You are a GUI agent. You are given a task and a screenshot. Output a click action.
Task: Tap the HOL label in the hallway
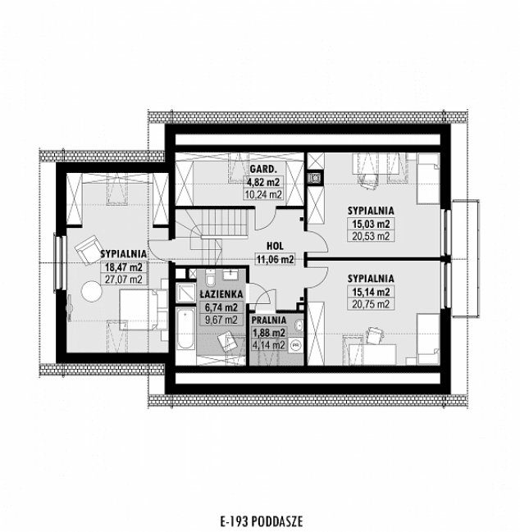coord(275,244)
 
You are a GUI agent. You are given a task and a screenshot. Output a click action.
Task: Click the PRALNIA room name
coord(268,321)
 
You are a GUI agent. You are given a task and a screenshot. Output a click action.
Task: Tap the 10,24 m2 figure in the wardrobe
coord(262,195)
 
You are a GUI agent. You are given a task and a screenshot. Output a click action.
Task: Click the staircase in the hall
coord(221,225)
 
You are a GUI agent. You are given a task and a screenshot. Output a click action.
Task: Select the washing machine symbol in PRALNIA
coord(294,345)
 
